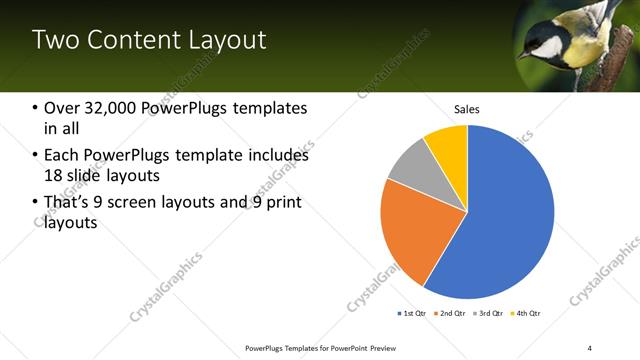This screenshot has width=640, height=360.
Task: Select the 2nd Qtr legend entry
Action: tap(449, 314)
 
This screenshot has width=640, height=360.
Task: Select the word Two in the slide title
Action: tap(54, 40)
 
